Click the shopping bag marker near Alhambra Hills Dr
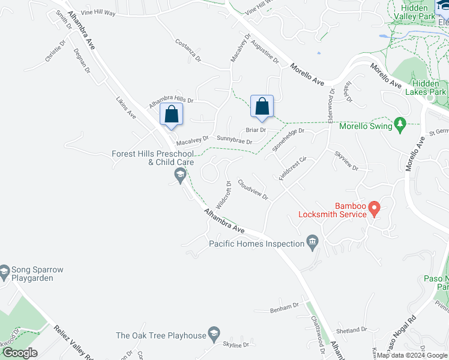pos(172,113)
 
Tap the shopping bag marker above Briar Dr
pos(262,106)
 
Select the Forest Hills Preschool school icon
pos(179,175)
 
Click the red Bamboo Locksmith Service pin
pos(375,208)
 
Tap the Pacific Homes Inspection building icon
pos(312,242)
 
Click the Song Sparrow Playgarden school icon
pos(5,272)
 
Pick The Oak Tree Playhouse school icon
pos(212,333)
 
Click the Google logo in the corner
pos(20,352)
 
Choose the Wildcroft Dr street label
pos(224,194)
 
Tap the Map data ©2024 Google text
pos(412,355)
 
